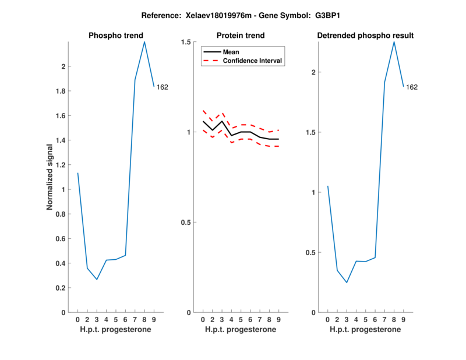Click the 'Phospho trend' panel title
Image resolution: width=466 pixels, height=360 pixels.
115,36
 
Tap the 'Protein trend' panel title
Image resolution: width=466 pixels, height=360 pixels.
240,36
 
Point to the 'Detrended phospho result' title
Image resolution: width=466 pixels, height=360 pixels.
365,36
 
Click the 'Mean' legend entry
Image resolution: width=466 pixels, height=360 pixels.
231,52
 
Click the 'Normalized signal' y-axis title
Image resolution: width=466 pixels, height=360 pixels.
50,177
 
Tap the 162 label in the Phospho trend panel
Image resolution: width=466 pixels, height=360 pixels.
163,87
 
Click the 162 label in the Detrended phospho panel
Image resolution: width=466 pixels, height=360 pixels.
412,87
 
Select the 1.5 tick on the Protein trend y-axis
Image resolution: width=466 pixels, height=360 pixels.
186,42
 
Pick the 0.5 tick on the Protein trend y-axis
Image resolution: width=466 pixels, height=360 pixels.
186,223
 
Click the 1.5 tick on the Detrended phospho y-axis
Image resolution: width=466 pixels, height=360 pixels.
312,132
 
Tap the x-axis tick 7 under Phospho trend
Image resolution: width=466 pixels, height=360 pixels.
135,320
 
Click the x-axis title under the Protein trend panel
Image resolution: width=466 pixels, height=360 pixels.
240,330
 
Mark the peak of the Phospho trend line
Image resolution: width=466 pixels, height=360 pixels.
144,41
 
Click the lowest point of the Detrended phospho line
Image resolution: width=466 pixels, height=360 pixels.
347,283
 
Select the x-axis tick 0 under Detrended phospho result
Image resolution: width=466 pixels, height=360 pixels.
328,320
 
